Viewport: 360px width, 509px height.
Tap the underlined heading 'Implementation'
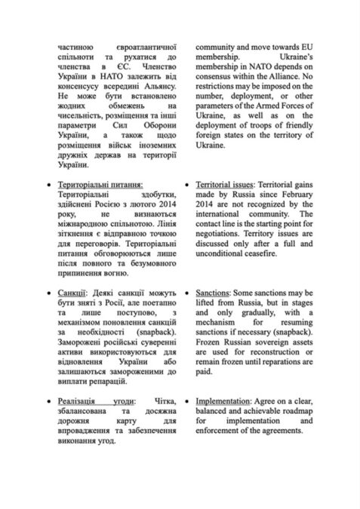[x=226, y=403]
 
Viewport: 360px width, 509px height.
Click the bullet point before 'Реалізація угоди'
[x=50, y=403]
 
